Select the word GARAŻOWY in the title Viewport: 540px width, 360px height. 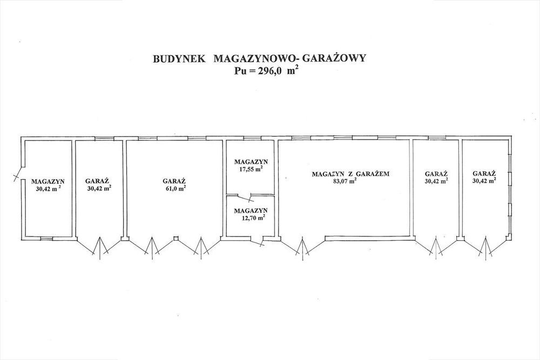coord(334,58)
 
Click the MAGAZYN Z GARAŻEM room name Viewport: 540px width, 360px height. coord(350,174)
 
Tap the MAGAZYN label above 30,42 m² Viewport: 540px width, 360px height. coord(48,181)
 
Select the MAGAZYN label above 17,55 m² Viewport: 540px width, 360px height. coord(251,161)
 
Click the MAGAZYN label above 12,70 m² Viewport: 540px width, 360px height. coord(251,210)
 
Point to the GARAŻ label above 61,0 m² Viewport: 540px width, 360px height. coord(174,181)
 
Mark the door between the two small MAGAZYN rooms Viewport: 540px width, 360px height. coord(245,198)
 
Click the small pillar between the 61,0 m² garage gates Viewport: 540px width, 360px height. coord(175,238)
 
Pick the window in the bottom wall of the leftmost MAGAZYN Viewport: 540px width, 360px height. coord(46,238)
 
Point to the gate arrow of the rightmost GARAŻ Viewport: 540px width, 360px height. coord(485,248)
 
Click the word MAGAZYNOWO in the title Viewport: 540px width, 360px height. coord(253,58)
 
